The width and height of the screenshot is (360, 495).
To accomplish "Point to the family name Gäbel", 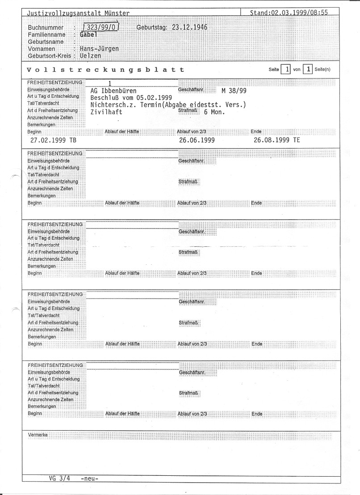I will pos(88,34).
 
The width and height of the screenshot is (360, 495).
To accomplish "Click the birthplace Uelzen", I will pos(90,56).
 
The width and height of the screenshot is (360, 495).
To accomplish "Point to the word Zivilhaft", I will pos(106,112).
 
